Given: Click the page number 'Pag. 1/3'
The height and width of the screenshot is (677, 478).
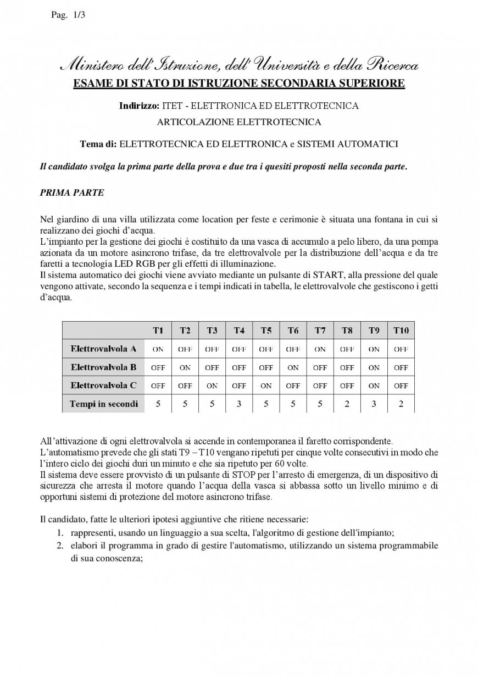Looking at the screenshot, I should pyautogui.click(x=68, y=15).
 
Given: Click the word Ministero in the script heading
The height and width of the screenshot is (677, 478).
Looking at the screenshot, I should pyautogui.click(x=93, y=66).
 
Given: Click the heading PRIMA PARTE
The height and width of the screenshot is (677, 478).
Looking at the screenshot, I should pyautogui.click(x=72, y=192).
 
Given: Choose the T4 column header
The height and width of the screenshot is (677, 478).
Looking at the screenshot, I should pyautogui.click(x=239, y=331).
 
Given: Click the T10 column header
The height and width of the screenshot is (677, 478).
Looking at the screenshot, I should pyautogui.click(x=401, y=331).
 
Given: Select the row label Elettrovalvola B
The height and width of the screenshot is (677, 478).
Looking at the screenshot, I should pyautogui.click(x=103, y=367).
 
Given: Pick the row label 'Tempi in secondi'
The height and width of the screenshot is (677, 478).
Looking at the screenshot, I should pyautogui.click(x=103, y=404).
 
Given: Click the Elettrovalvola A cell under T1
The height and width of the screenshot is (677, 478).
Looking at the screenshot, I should pyautogui.click(x=158, y=349).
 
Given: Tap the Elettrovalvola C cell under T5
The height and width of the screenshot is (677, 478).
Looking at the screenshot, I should pyautogui.click(x=266, y=386).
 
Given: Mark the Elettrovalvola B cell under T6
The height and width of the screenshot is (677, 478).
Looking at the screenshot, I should pyautogui.click(x=293, y=367).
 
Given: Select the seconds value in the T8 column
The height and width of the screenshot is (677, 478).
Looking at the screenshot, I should pyautogui.click(x=347, y=404).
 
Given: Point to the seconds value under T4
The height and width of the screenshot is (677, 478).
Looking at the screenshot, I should pyautogui.click(x=239, y=404).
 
